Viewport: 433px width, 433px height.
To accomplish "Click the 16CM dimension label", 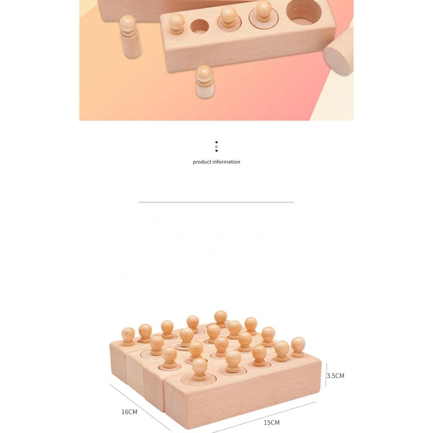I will [x=129, y=412].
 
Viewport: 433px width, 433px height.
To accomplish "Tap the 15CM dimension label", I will [x=271, y=422].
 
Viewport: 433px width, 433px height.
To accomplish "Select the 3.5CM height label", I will [x=336, y=375].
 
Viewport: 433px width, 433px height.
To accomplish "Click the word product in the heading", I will [x=202, y=162].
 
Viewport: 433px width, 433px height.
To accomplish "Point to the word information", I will [x=226, y=162].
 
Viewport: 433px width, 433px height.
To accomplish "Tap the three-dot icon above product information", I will [x=216, y=146].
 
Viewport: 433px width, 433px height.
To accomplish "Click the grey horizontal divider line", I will [x=216, y=202].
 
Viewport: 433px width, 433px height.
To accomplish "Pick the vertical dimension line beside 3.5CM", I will [x=326, y=375].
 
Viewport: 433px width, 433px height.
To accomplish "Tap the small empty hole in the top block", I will [x=200, y=26].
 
